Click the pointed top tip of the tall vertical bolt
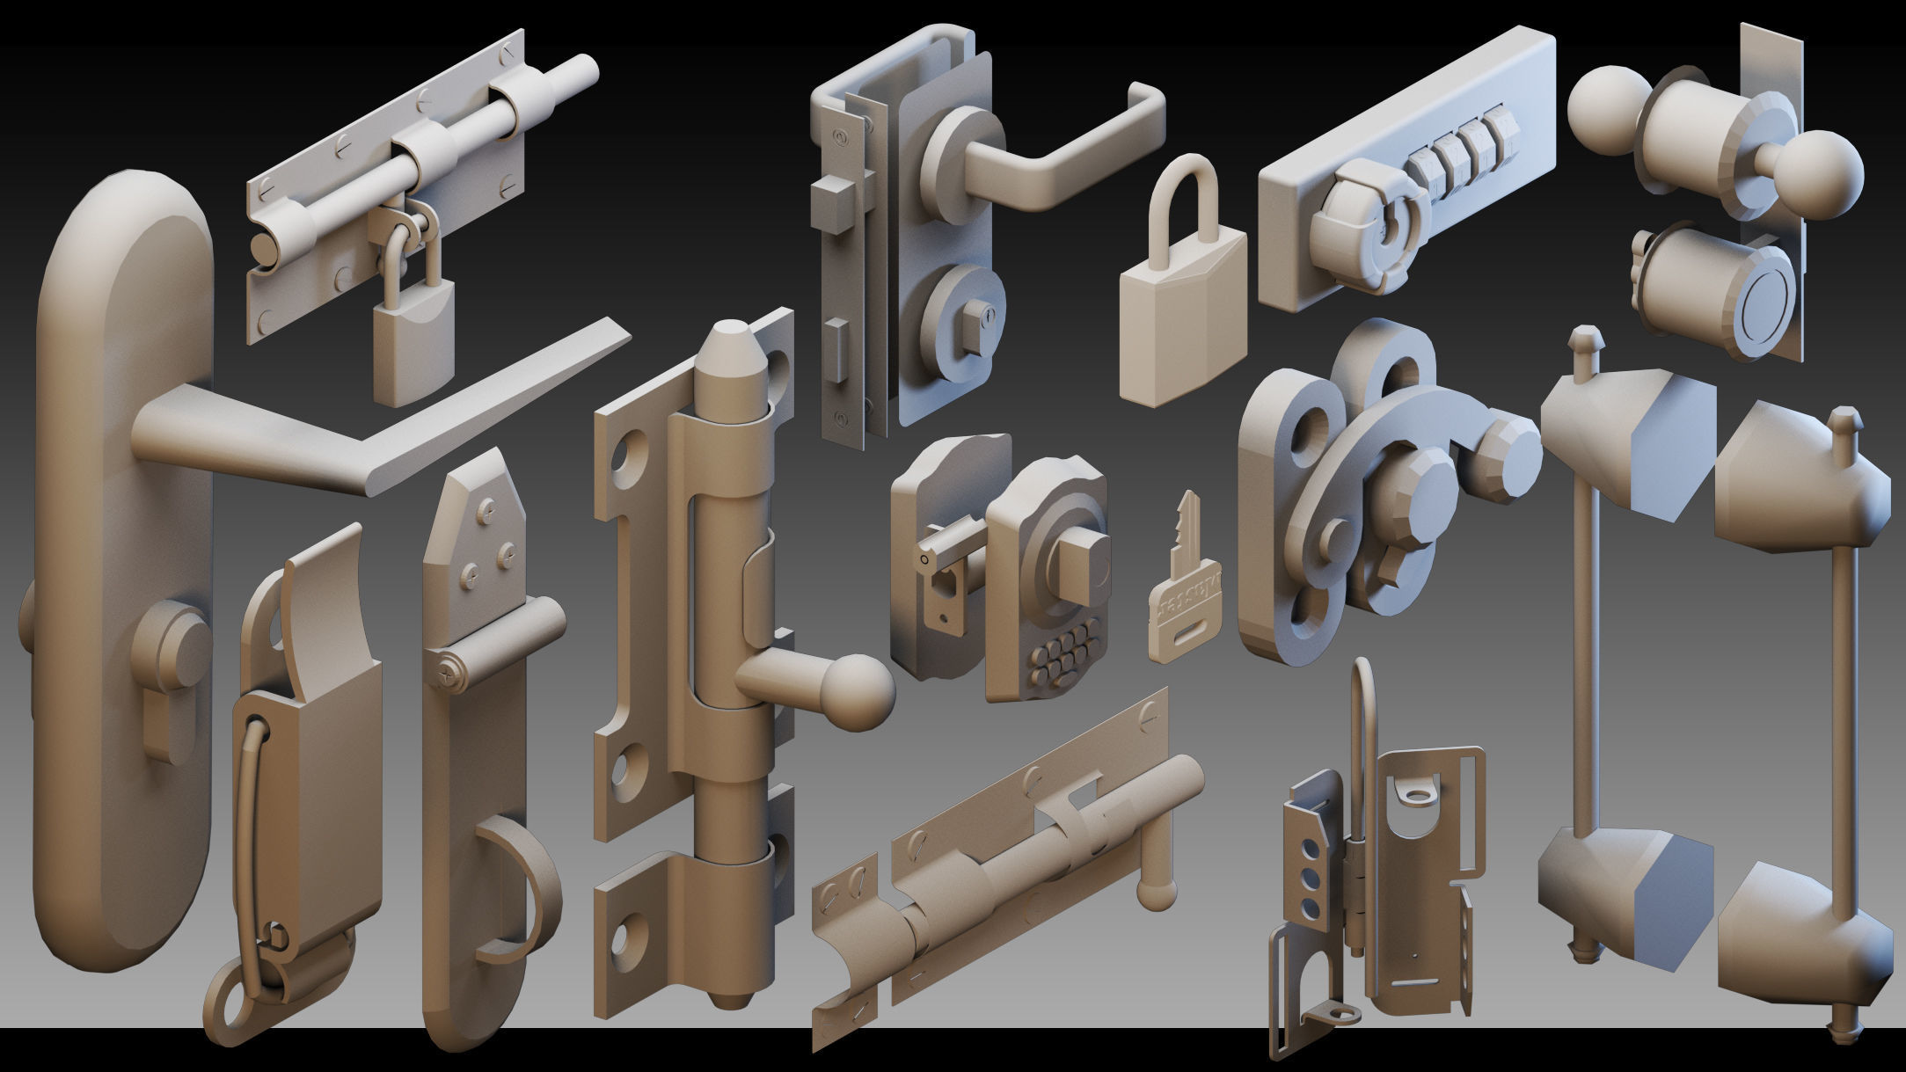point(729,334)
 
